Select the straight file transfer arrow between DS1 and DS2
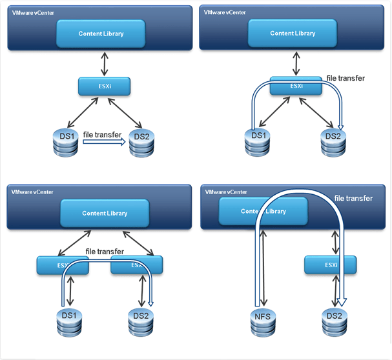[102, 145]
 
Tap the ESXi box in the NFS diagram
[330, 265]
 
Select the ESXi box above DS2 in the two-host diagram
[137, 265]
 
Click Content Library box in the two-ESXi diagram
[105, 213]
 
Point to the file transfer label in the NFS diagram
[353, 198]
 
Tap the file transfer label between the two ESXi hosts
[105, 251]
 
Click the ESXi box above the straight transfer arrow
[105, 86]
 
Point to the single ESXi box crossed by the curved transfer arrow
[296, 86]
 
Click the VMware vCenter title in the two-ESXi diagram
[32, 192]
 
